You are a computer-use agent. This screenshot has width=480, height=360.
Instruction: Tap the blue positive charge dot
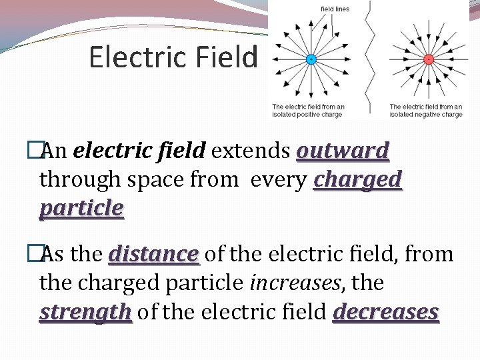pyautogui.click(x=310, y=59)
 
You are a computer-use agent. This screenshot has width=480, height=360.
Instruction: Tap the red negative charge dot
pyautogui.click(x=429, y=59)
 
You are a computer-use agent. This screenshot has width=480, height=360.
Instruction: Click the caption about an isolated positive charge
pyautogui.click(x=307, y=110)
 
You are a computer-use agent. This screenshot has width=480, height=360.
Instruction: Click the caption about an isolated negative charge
pyautogui.click(x=425, y=110)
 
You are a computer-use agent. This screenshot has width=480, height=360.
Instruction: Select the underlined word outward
pyautogui.click(x=343, y=151)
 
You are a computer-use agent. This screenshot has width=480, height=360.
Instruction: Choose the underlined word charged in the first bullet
pyautogui.click(x=358, y=180)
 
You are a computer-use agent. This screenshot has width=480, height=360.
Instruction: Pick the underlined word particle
pyautogui.click(x=81, y=209)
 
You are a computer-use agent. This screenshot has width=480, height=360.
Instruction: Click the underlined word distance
pyautogui.click(x=154, y=255)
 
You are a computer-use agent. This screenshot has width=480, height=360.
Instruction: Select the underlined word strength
pyautogui.click(x=85, y=312)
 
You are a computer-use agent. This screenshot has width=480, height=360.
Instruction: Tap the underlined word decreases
pyautogui.click(x=386, y=312)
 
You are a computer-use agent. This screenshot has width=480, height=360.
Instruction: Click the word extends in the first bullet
pyautogui.click(x=251, y=151)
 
